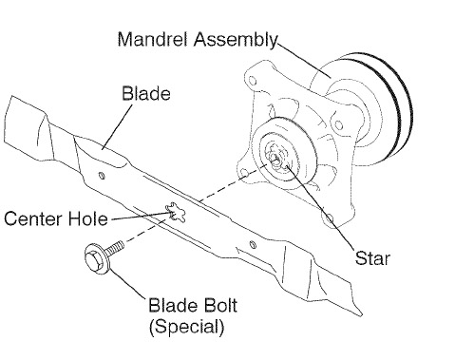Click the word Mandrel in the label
tap(154, 39)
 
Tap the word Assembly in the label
tap(236, 41)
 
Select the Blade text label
tap(146, 94)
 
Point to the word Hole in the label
tap(88, 218)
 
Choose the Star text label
tap(372, 258)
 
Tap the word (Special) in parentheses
tap(187, 327)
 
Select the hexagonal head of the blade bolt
tap(95, 260)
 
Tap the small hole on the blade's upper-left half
tap(102, 176)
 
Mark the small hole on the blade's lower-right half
tap(253, 244)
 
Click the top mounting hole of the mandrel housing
tap(253, 80)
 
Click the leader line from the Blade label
tap(117, 126)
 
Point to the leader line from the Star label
tap(320, 207)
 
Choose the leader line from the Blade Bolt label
tap(127, 284)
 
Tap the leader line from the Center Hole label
tap(142, 216)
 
